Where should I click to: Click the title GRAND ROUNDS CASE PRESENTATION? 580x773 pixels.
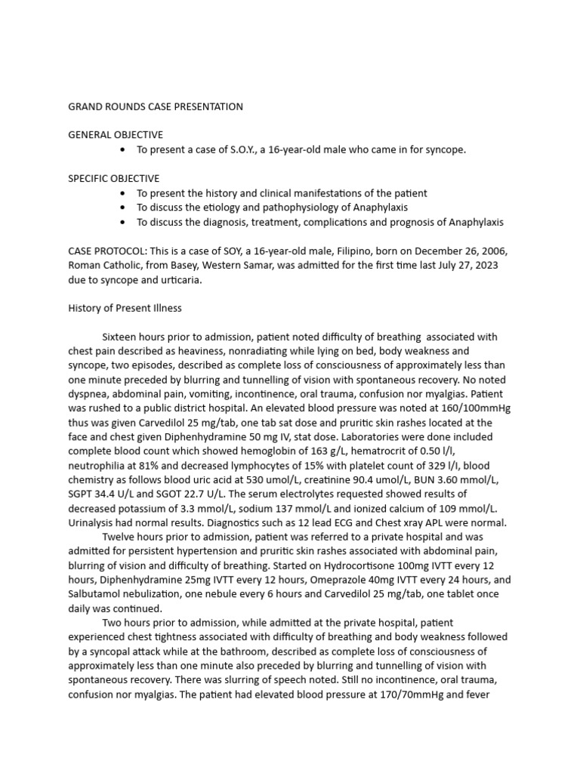156,106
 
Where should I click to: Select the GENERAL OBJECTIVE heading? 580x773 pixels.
116,134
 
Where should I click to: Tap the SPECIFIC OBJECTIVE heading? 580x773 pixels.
114,179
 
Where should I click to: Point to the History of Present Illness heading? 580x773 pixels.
125,308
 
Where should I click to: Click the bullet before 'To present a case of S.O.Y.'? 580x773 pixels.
123,149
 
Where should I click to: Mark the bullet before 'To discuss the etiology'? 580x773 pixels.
123,208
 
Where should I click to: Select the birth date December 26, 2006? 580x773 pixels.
452,251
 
